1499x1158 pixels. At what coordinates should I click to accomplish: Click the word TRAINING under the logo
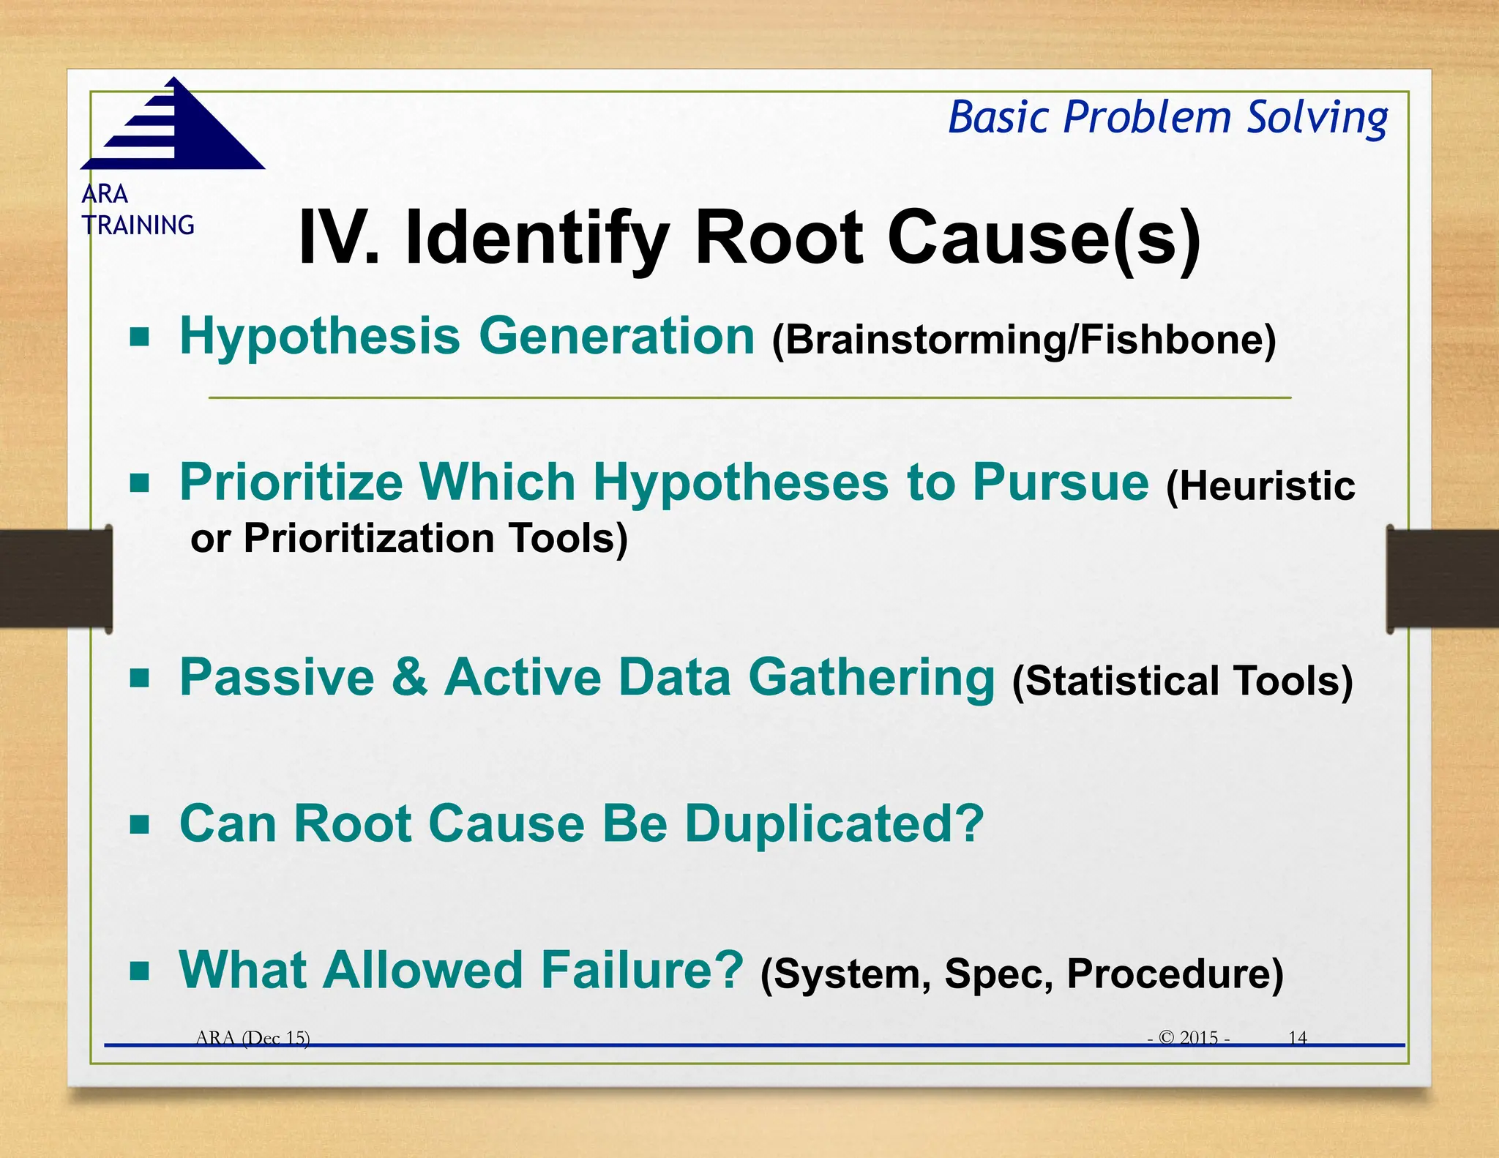[138, 225]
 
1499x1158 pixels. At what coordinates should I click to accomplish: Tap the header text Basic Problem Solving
[1167, 118]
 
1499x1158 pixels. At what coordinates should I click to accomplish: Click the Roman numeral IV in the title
[338, 238]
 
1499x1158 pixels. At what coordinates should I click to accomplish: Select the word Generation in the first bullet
[616, 336]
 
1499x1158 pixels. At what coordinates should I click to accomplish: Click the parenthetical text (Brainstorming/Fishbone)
[1024, 340]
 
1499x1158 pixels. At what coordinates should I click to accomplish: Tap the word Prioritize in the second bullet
[291, 482]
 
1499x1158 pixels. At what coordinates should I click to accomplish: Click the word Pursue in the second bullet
[1061, 482]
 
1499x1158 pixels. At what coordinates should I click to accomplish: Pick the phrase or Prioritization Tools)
[409, 538]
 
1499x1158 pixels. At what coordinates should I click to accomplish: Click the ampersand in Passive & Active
[410, 677]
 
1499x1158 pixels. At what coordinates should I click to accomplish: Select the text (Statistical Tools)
[1182, 681]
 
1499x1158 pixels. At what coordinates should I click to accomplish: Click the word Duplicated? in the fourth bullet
[834, 824]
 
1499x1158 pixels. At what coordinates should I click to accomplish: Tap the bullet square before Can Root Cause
[139, 825]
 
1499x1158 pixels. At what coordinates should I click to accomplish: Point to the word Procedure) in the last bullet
[1175, 974]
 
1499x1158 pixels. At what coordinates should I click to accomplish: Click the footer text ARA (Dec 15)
[253, 1038]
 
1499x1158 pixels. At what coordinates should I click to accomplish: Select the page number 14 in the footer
[1297, 1038]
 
